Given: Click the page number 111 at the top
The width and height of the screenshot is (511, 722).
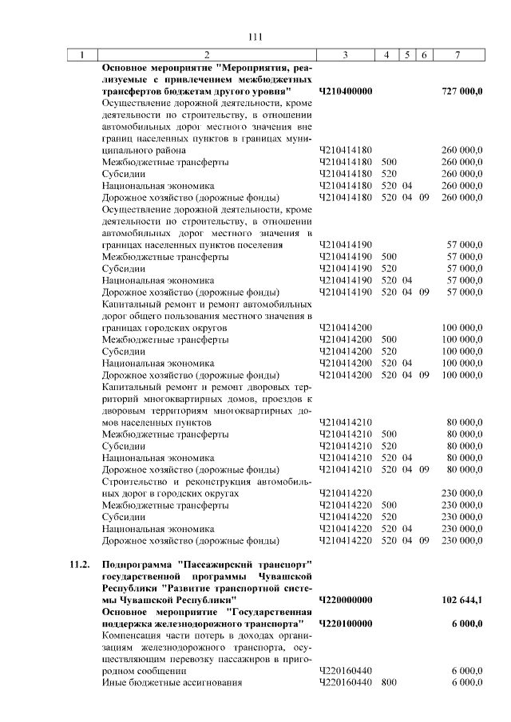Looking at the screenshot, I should click(x=255, y=37).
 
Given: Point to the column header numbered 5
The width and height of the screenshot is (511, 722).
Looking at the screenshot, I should click(x=407, y=55).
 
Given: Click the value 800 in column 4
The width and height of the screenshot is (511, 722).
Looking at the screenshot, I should click(x=389, y=684).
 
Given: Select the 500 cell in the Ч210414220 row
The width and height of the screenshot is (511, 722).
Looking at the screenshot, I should click(x=389, y=505).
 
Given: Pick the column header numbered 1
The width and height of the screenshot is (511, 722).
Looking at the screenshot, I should click(x=81, y=55).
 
